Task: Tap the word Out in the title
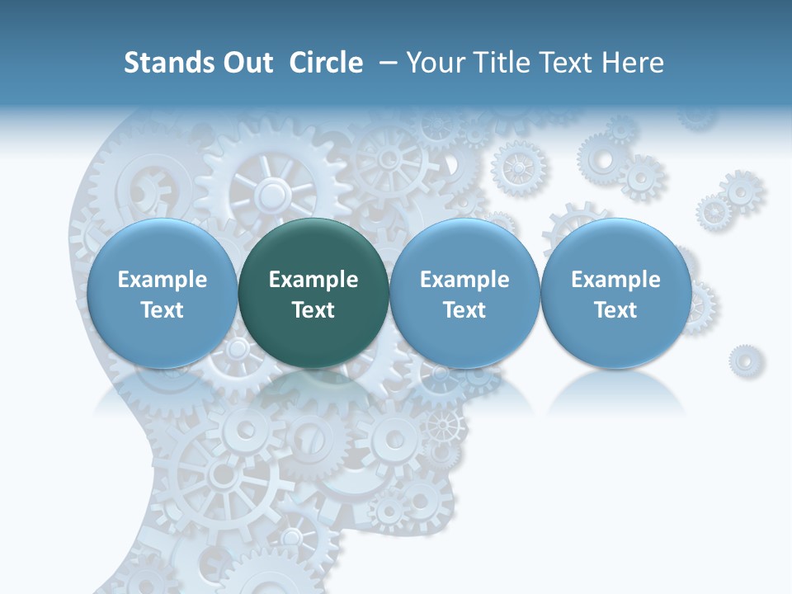click(x=245, y=63)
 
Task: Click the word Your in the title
click(x=432, y=63)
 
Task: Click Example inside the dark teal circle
click(x=313, y=280)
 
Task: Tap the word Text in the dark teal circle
click(x=313, y=310)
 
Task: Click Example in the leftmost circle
click(x=163, y=280)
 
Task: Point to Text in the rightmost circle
click(x=616, y=310)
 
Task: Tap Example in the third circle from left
click(x=464, y=280)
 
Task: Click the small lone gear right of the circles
click(x=746, y=361)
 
